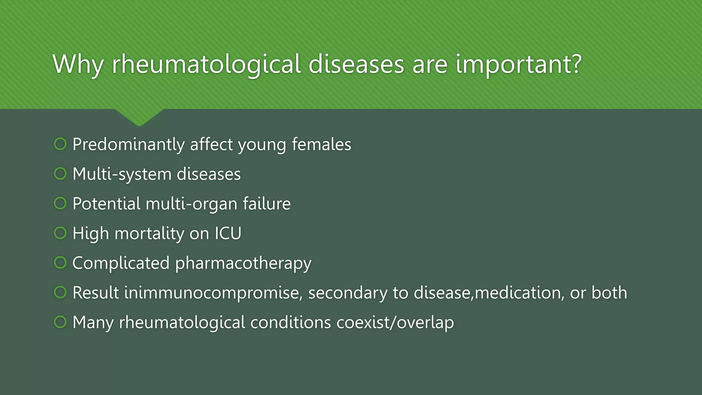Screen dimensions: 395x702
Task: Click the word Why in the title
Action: (78, 64)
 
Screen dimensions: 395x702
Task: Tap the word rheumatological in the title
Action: (206, 64)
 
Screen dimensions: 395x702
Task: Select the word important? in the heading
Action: (519, 64)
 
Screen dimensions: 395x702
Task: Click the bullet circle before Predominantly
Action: (60, 144)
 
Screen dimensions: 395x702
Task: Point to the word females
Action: (321, 144)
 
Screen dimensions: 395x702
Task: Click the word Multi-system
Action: (121, 174)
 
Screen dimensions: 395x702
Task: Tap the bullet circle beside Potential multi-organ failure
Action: (60, 203)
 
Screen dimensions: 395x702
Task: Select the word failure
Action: (267, 204)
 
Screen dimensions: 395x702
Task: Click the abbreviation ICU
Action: (228, 234)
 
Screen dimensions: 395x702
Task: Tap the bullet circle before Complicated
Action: (60, 263)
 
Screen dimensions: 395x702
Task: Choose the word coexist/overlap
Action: (395, 323)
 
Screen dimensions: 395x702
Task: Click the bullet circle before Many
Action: (60, 322)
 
